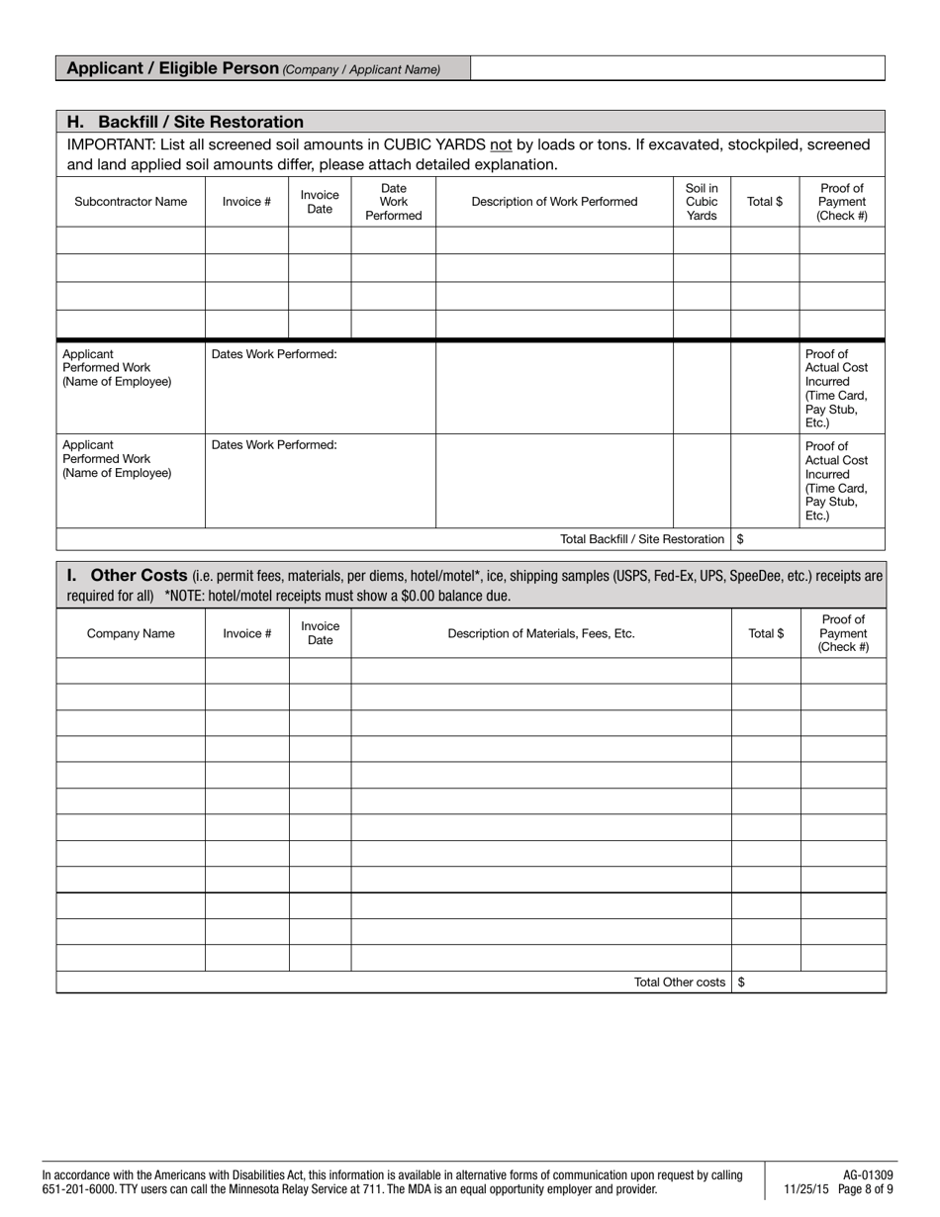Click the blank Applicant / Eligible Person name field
click(677, 68)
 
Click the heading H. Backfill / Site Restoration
click(185, 122)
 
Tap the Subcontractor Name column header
click(131, 202)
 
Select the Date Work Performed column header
click(393, 202)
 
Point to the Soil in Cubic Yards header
click(702, 202)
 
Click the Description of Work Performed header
click(554, 202)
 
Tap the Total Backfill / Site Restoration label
click(641, 539)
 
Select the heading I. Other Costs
click(127, 575)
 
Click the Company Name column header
click(131, 634)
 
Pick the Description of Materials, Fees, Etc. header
click(541, 634)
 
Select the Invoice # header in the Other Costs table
click(246, 634)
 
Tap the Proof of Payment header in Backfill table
click(842, 202)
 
